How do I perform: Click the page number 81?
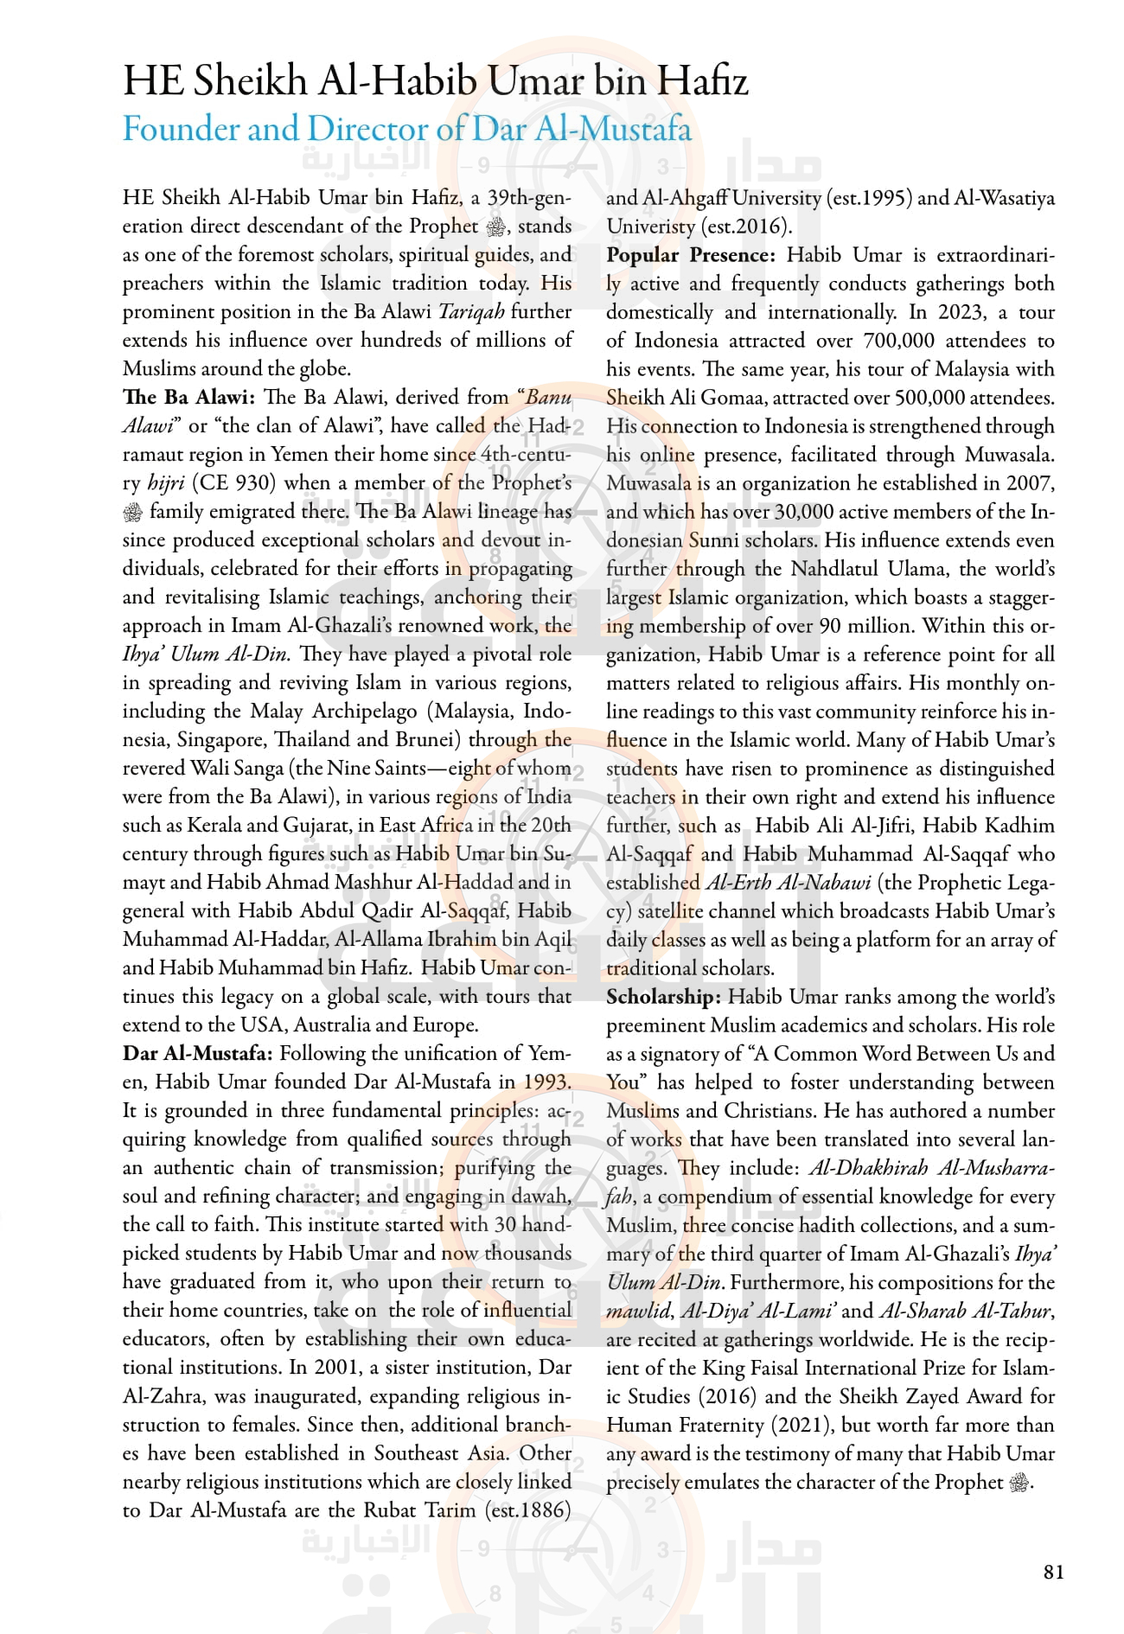point(1053,1572)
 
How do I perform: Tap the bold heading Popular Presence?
point(691,255)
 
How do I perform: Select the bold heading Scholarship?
point(663,997)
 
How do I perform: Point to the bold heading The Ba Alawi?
point(188,398)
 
